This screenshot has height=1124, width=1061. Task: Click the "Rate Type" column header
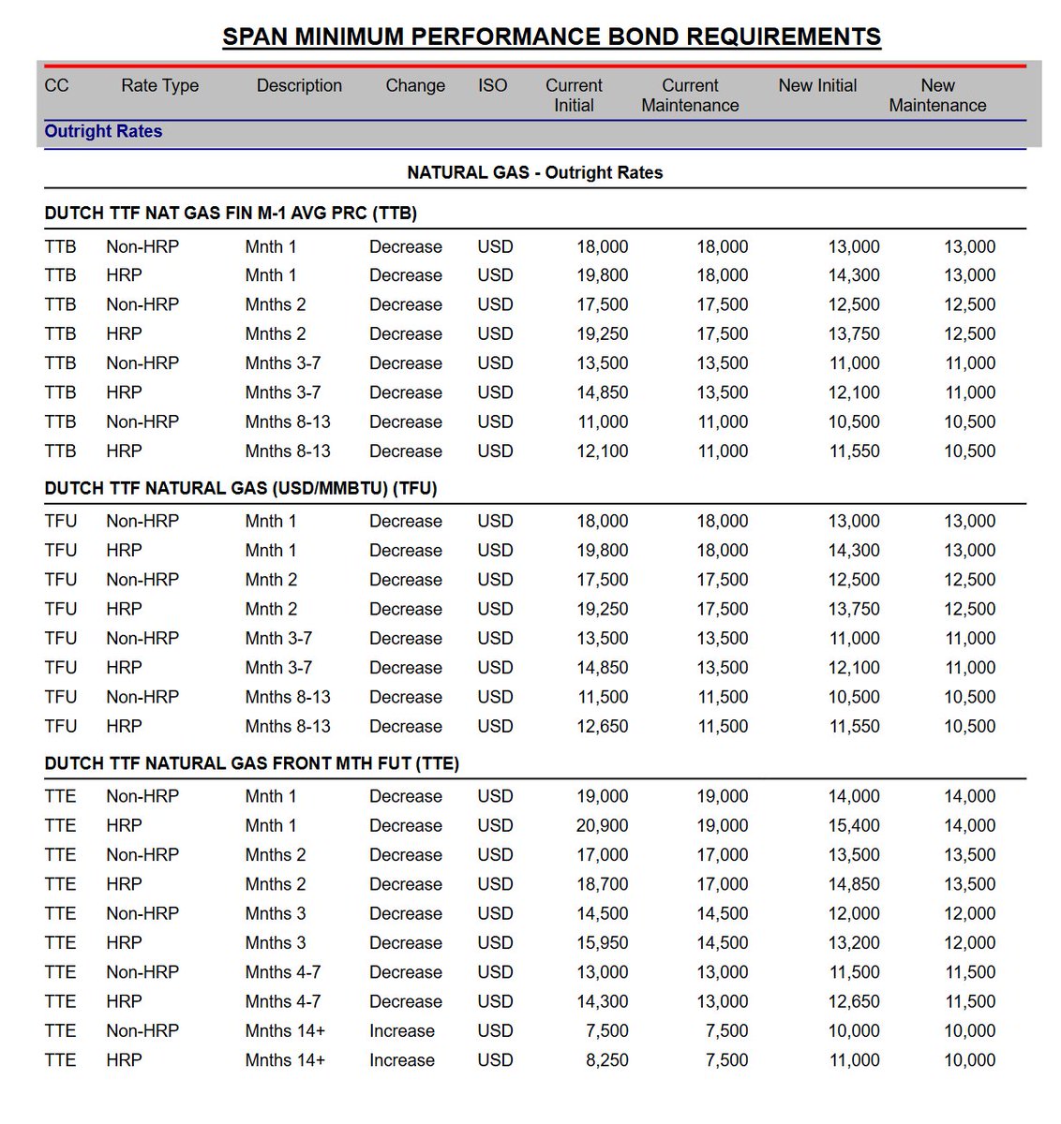point(159,85)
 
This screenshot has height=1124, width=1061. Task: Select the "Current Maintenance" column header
point(690,96)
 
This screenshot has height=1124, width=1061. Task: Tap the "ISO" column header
point(492,85)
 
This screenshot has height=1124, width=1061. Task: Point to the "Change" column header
point(415,85)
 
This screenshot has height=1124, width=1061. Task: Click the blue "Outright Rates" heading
point(103,131)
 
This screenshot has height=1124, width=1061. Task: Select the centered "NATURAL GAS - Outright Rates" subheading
point(534,172)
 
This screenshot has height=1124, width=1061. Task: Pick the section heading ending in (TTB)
point(231,213)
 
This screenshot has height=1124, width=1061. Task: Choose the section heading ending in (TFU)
point(241,488)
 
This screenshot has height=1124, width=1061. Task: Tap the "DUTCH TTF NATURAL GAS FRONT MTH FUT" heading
point(251,763)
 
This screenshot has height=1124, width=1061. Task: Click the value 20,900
point(602,825)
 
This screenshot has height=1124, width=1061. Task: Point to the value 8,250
point(607,1060)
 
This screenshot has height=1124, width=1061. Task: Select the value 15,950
point(602,942)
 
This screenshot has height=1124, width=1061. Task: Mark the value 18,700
point(602,884)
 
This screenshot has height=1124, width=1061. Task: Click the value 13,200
point(854,942)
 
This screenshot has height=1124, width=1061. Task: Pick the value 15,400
point(854,825)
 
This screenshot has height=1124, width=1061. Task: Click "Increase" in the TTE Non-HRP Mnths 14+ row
point(402,1030)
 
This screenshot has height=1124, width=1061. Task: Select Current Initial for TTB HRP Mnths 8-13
point(602,451)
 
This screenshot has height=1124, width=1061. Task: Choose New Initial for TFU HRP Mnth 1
point(854,550)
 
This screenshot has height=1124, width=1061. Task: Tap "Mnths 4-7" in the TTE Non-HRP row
point(283,972)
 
